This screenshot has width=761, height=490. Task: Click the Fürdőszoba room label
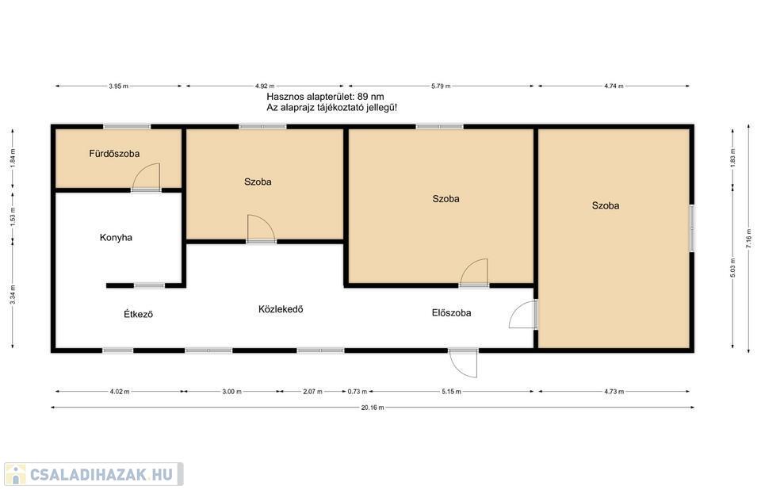click(x=114, y=154)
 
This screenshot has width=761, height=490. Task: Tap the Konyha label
click(x=116, y=238)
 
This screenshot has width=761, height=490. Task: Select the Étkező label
click(x=138, y=314)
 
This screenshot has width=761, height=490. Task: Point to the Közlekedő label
click(x=281, y=309)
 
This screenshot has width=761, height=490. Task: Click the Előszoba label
click(x=451, y=312)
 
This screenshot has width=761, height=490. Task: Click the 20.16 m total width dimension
click(x=373, y=408)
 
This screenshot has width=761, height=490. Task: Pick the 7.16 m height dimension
click(x=748, y=239)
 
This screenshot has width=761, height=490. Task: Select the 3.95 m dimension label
click(x=118, y=86)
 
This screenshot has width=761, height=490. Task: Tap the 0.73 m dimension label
click(x=358, y=391)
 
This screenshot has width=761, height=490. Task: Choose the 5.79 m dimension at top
click(x=441, y=86)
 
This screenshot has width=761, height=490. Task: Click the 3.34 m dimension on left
click(x=13, y=295)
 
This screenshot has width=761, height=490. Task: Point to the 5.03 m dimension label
click(x=732, y=267)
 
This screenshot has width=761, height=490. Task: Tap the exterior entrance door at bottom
click(x=464, y=363)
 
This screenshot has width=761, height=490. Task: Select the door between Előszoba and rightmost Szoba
click(x=523, y=314)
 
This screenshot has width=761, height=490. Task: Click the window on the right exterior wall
click(x=691, y=228)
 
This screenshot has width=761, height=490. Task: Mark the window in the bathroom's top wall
click(x=127, y=127)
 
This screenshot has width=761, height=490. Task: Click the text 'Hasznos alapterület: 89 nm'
click(x=325, y=97)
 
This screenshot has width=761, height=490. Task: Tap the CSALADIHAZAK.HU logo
click(x=94, y=474)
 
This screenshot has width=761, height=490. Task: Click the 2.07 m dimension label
click(x=312, y=391)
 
